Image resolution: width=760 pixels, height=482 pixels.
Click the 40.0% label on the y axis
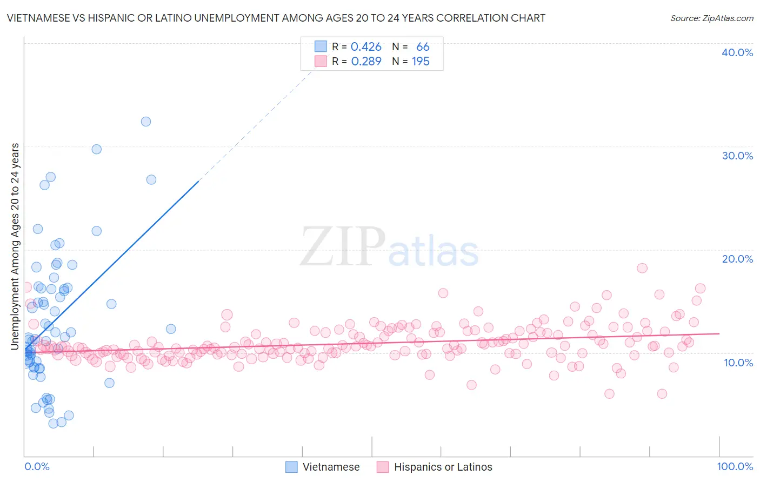[737, 52]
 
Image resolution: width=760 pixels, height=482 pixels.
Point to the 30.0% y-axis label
[737, 156]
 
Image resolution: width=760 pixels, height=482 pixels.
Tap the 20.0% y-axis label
[737, 259]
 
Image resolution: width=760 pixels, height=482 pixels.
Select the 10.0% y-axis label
[738, 363]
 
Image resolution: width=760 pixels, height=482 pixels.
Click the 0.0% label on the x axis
[37, 466]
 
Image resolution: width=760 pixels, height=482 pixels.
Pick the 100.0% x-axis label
[735, 466]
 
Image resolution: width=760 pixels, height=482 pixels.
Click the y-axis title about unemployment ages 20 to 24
[15, 246]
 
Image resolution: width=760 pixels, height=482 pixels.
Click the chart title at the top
[276, 18]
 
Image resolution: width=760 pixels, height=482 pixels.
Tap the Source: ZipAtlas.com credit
[711, 18]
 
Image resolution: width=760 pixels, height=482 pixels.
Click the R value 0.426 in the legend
[366, 47]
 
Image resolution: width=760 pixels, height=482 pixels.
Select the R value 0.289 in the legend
[366, 62]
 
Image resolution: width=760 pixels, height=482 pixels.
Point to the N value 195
[421, 62]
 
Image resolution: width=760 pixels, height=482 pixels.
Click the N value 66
[423, 47]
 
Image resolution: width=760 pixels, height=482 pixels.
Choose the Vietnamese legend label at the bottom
[331, 467]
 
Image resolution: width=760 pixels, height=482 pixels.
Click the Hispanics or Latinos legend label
[443, 467]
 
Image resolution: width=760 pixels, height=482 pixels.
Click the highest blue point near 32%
[146, 122]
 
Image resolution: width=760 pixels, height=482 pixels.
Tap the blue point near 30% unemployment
[97, 149]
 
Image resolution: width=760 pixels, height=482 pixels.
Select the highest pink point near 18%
[642, 268]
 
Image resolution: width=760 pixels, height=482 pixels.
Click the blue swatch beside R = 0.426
[321, 47]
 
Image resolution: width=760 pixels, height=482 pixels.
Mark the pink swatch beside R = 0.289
[321, 62]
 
